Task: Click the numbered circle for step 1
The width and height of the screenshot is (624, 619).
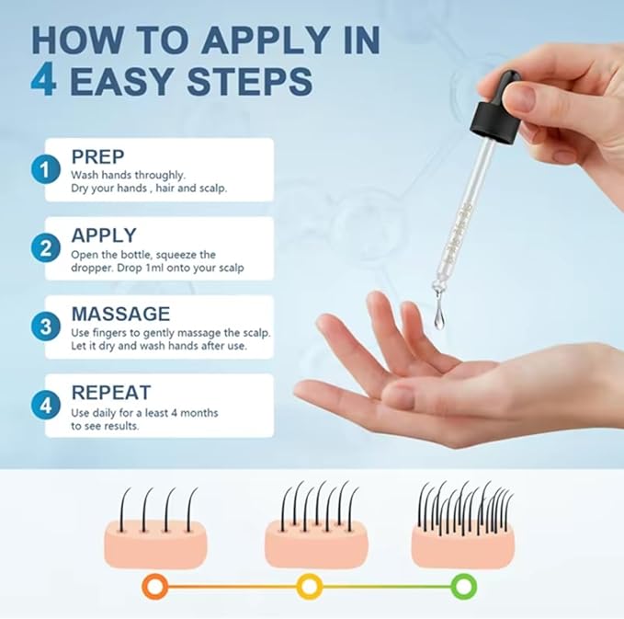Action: click(46, 169)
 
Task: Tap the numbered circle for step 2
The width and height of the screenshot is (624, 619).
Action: click(46, 247)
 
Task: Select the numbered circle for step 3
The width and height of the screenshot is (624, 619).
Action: click(46, 327)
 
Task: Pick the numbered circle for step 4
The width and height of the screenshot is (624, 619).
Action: click(46, 405)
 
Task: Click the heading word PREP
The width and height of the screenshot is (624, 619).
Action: click(98, 157)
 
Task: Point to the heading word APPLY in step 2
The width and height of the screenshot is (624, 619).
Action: click(104, 235)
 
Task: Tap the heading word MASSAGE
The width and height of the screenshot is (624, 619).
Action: click(121, 314)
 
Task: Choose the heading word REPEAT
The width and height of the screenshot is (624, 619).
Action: click(111, 393)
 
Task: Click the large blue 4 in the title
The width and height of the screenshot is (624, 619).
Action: click(43, 81)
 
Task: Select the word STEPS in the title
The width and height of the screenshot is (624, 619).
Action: click(250, 81)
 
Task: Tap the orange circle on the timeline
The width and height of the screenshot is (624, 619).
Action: click(155, 586)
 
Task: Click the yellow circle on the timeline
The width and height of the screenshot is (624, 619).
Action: click(309, 586)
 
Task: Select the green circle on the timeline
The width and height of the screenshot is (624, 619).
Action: click(463, 586)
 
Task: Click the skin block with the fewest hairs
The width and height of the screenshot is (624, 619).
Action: click(155, 544)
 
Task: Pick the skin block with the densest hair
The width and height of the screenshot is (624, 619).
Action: click(463, 544)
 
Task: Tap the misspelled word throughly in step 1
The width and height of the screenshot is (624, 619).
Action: click(160, 176)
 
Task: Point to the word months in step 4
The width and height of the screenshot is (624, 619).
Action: click(199, 413)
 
